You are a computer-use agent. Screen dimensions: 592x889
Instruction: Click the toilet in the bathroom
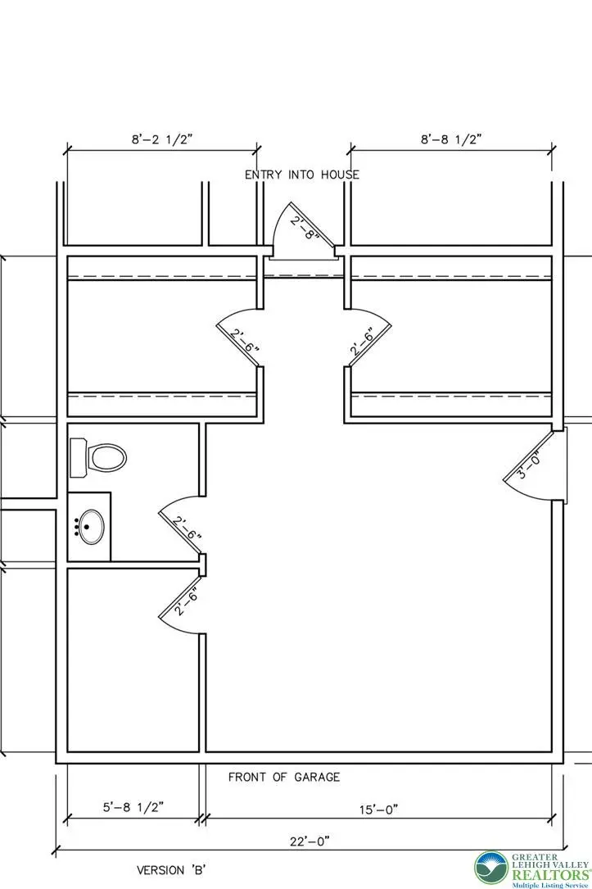(x=97, y=457)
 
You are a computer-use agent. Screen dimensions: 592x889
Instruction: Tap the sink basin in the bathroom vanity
(x=91, y=527)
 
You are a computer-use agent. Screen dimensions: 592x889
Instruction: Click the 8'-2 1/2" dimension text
(x=163, y=139)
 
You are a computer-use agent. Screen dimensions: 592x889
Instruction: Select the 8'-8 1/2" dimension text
(x=451, y=139)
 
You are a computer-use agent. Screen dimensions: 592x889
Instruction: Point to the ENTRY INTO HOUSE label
(x=302, y=175)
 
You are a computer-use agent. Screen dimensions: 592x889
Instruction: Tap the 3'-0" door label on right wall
(x=529, y=465)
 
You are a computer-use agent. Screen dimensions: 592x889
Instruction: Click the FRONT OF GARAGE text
(x=284, y=777)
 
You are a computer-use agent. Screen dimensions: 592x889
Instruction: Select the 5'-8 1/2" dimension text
(x=133, y=807)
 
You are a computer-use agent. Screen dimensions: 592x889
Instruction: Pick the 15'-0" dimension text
(x=378, y=809)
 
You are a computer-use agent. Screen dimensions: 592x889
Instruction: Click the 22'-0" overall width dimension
(x=310, y=841)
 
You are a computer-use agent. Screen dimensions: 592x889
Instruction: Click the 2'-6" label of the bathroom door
(x=188, y=528)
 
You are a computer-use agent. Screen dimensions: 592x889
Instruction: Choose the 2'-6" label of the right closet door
(x=362, y=342)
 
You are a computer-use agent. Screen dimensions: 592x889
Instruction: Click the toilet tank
(x=78, y=457)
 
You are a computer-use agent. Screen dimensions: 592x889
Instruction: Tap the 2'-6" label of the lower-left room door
(x=187, y=602)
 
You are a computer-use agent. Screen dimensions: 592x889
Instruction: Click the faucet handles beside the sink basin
(x=76, y=527)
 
